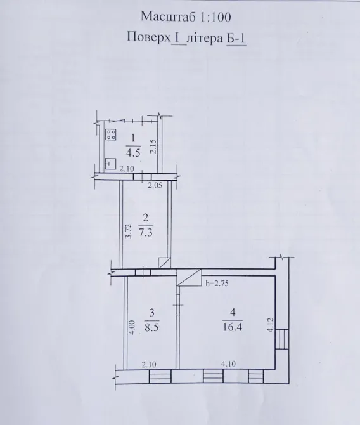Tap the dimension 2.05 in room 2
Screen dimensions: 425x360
155,185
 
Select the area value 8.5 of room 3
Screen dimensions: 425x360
151,329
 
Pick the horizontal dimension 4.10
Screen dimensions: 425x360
229,364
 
